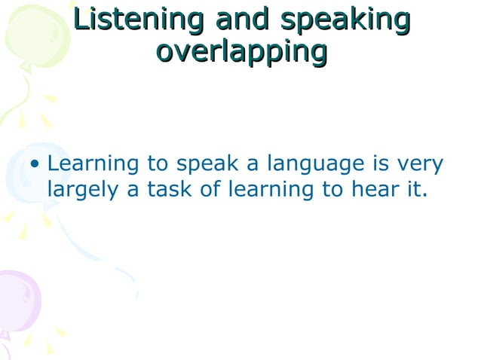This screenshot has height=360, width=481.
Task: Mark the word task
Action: coord(170,189)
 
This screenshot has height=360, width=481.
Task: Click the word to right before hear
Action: coord(332,190)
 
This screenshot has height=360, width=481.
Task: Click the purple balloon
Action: coord(18,301)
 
